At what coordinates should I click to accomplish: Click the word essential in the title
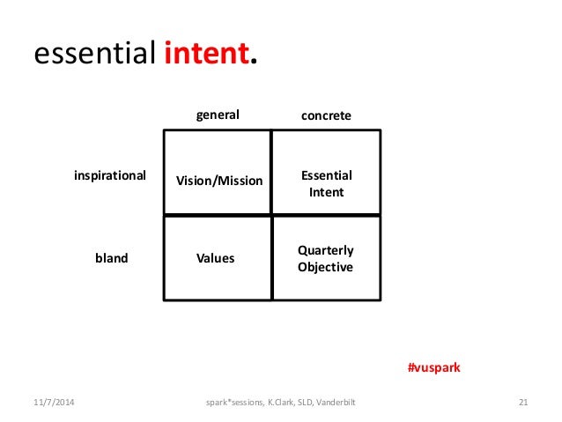[x=96, y=55]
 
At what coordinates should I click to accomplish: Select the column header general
[x=217, y=115]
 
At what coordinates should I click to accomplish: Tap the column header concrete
[x=326, y=115]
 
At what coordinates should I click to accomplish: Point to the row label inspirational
[x=109, y=175]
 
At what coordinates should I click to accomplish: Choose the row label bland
[x=111, y=259]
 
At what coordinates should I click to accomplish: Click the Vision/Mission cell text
[x=219, y=181]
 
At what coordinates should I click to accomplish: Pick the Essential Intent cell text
[x=326, y=183]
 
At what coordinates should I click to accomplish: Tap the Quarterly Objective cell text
[x=326, y=258]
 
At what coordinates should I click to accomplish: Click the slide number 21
[x=522, y=403]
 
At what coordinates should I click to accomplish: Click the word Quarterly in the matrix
[x=326, y=250]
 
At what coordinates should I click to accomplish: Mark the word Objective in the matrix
[x=326, y=267]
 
